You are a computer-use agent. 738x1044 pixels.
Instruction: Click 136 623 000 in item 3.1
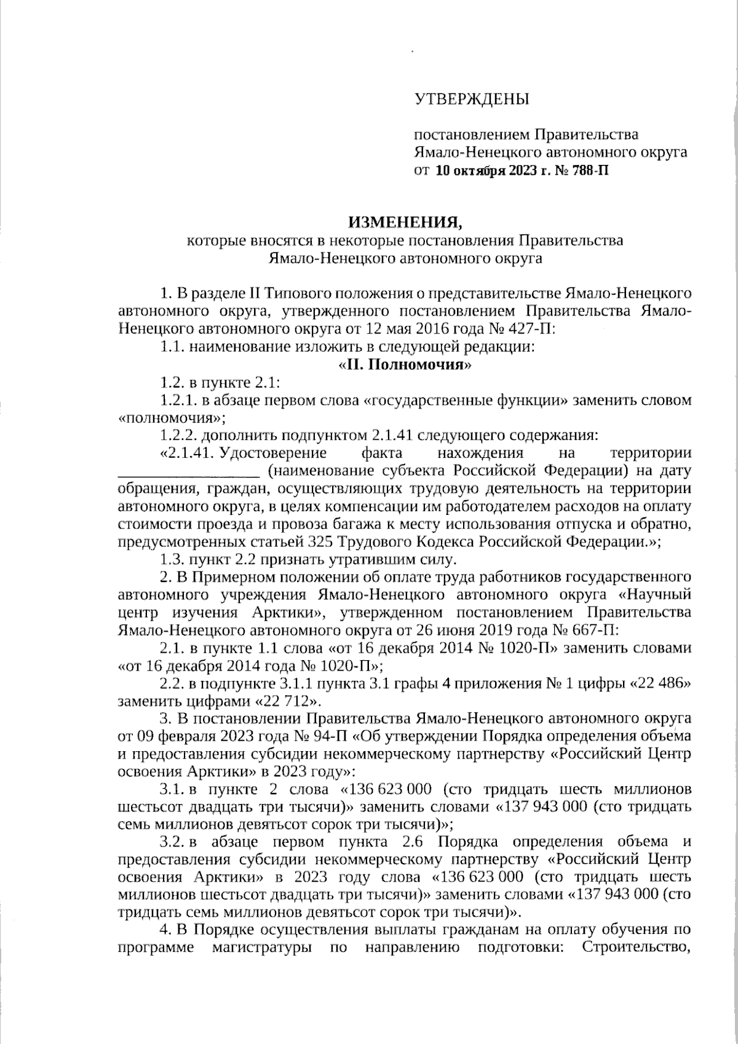[389, 789]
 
